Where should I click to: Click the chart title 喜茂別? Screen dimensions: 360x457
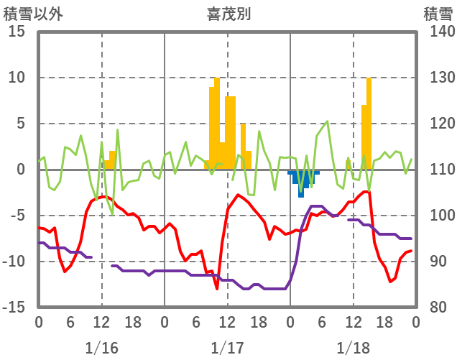228,13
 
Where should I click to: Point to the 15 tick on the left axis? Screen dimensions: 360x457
18,32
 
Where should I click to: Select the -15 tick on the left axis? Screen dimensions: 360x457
16,308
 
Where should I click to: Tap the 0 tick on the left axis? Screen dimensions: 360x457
22,170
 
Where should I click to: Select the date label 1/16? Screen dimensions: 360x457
101,348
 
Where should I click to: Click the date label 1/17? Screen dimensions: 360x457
227,348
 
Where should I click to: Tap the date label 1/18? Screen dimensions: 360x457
353,348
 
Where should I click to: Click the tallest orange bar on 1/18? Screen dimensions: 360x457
369,122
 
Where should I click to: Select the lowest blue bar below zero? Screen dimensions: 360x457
301,185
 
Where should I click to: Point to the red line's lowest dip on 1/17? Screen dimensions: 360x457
217,289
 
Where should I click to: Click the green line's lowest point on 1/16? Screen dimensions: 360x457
112,214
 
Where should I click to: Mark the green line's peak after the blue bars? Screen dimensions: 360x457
328,121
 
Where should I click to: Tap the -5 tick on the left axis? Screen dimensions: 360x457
19,216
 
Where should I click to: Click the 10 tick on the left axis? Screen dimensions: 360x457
18,78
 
